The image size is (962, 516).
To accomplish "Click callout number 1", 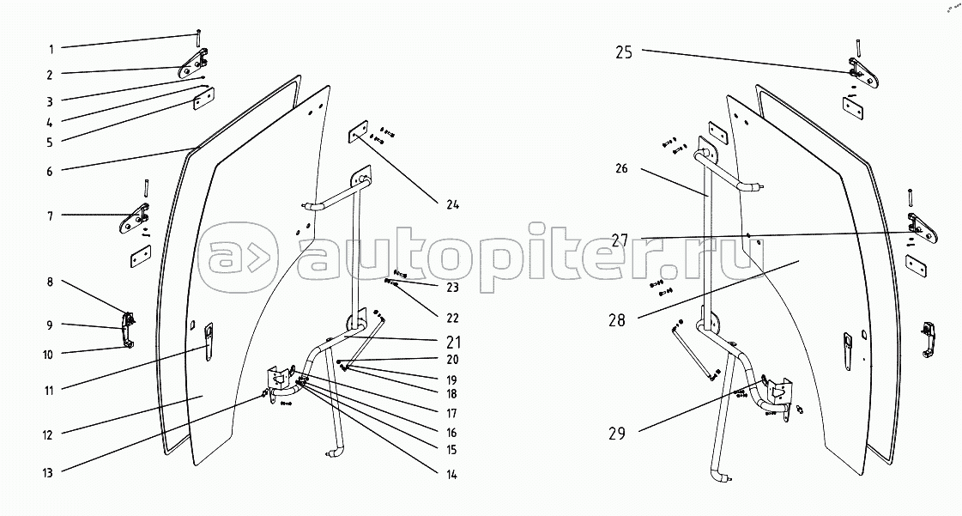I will (x=51, y=48).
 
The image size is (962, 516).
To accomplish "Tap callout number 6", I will (x=51, y=171).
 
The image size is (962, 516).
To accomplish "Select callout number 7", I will (x=51, y=216).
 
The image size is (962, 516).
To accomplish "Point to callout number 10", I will (x=50, y=354).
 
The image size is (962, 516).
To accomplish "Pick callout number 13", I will (x=50, y=472).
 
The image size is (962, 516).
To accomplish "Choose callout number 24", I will (x=452, y=204).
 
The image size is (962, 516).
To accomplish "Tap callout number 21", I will (x=452, y=341).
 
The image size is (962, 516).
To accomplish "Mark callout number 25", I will (x=623, y=52).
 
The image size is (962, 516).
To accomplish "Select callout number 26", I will (x=621, y=169).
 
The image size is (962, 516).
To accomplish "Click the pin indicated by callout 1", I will (x=198, y=37).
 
